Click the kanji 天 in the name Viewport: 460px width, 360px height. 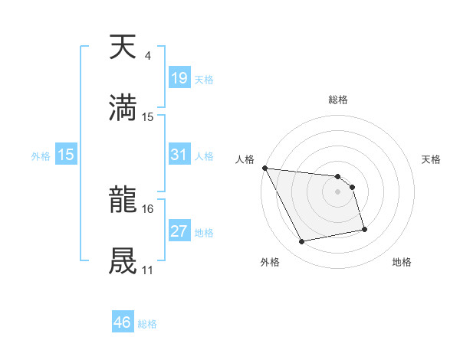(x=123, y=47)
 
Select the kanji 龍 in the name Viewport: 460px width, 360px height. (x=123, y=202)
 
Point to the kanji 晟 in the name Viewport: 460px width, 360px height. (x=123, y=260)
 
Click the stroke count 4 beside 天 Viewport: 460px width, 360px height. (x=147, y=56)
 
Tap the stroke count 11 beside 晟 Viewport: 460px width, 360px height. (x=148, y=270)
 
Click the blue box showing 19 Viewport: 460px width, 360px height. (x=179, y=78)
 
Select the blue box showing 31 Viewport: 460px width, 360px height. (x=179, y=155)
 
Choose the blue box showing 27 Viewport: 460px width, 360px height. (x=179, y=231)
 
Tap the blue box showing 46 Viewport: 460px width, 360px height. (x=123, y=322)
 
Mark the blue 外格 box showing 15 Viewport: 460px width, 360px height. (x=66, y=155)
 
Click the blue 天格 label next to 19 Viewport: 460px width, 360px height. (x=204, y=80)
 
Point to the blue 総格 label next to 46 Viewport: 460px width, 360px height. (x=147, y=324)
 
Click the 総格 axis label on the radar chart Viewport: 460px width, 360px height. (x=338, y=100)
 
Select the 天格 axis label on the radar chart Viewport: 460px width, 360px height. (x=432, y=159)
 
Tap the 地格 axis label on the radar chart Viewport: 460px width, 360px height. (x=402, y=262)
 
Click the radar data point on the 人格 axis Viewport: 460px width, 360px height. (x=264, y=168)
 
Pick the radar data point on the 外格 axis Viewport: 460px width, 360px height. (x=302, y=242)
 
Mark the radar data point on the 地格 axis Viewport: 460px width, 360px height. (x=364, y=229)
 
